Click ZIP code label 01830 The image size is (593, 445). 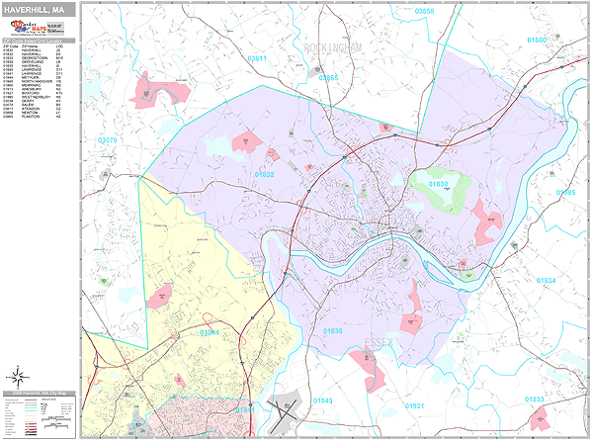[x=439, y=185]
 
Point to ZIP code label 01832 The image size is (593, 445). [x=265, y=174]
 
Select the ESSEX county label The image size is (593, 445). [x=379, y=341]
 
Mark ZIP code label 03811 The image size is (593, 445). [x=257, y=59]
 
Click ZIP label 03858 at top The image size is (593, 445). [x=424, y=11]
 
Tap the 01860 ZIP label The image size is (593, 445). [x=536, y=41]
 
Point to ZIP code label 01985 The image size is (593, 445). [x=565, y=193]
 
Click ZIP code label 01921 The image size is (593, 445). [x=415, y=405]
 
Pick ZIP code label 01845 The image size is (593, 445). [x=323, y=400]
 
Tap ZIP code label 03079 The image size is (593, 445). [x=108, y=141]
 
